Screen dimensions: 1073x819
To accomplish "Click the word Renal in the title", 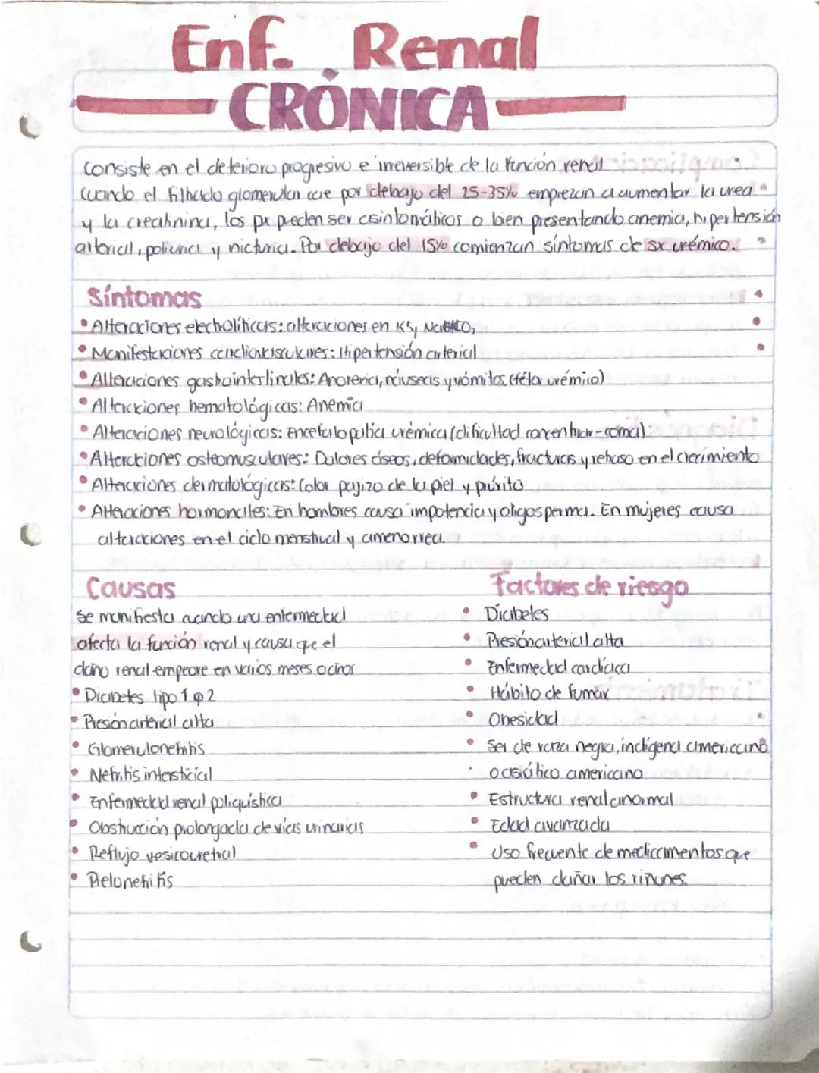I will click(x=448, y=47).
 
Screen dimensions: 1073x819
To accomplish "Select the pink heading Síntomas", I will click(x=144, y=297).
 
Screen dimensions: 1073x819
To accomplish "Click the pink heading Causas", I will click(x=130, y=588).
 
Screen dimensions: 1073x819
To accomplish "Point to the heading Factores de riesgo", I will click(x=589, y=586).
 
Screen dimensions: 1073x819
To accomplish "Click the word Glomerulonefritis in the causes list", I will click(x=146, y=748).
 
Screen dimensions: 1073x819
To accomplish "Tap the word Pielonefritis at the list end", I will click(x=130, y=881).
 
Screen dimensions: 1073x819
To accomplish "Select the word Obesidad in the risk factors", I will click(x=522, y=719).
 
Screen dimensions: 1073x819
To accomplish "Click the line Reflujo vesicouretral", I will click(x=163, y=854).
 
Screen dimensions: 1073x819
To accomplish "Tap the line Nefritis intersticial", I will click(x=150, y=775).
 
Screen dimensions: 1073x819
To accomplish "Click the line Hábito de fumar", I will click(x=549, y=692).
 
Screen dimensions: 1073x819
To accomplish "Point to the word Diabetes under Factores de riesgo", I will click(x=517, y=613).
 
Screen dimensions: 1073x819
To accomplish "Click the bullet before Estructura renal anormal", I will click(x=473, y=798).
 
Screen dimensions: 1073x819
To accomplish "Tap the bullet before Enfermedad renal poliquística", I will click(x=77, y=801).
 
